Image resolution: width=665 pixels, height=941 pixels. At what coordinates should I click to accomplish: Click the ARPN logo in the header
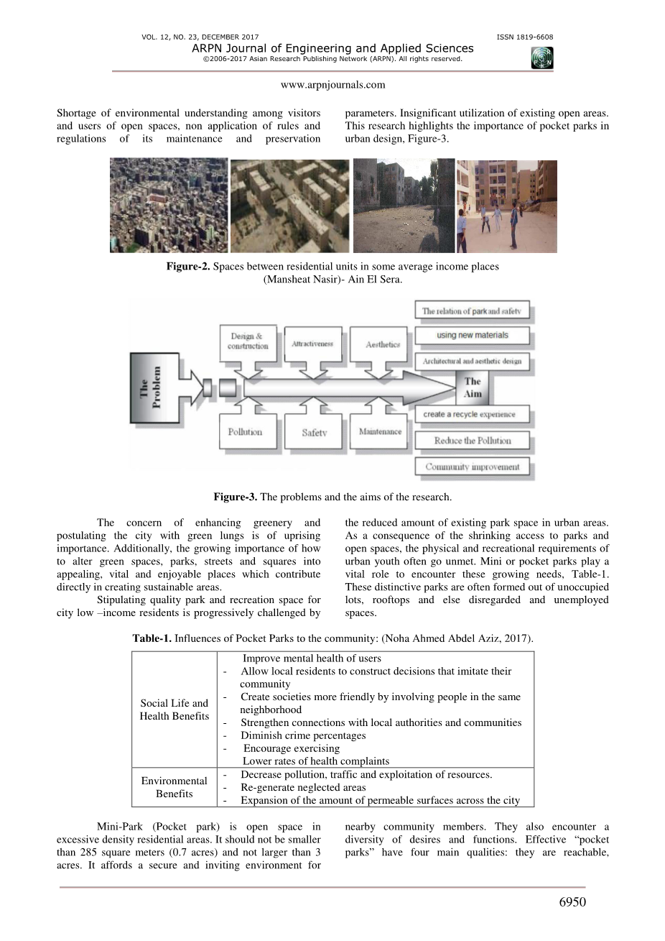click(x=542, y=58)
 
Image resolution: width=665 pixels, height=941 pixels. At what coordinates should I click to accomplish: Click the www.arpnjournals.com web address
click(x=332, y=85)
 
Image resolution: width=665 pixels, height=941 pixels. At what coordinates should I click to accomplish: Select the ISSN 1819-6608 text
click(x=524, y=37)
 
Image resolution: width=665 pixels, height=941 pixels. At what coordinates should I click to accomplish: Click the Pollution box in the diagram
click(x=245, y=433)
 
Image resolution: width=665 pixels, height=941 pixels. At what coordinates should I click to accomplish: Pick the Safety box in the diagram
click(x=314, y=433)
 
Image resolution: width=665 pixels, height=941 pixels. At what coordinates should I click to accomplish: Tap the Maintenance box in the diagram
click(x=380, y=432)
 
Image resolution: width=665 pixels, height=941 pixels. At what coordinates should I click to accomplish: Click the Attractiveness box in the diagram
click(x=312, y=344)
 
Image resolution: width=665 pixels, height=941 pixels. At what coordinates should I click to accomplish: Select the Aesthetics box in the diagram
click(x=382, y=344)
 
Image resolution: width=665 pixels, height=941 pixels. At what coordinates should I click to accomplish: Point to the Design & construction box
click(x=247, y=341)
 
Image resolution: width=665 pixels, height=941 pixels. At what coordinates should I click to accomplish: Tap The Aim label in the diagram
click(x=473, y=387)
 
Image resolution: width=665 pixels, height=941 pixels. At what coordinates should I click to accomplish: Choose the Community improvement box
click(x=472, y=467)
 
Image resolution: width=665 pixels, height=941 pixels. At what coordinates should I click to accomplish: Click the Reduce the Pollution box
click(x=472, y=441)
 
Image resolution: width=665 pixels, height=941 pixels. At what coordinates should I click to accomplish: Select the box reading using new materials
click(x=472, y=335)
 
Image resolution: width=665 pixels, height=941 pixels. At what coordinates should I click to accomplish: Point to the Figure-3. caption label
click(x=235, y=497)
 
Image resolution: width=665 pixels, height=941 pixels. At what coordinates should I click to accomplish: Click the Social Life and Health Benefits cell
click(x=175, y=710)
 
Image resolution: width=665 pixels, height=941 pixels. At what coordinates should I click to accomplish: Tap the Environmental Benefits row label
click(x=175, y=787)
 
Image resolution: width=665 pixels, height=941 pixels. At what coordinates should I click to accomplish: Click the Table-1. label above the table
click(x=152, y=638)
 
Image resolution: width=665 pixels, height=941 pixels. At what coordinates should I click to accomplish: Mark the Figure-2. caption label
click(x=188, y=267)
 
